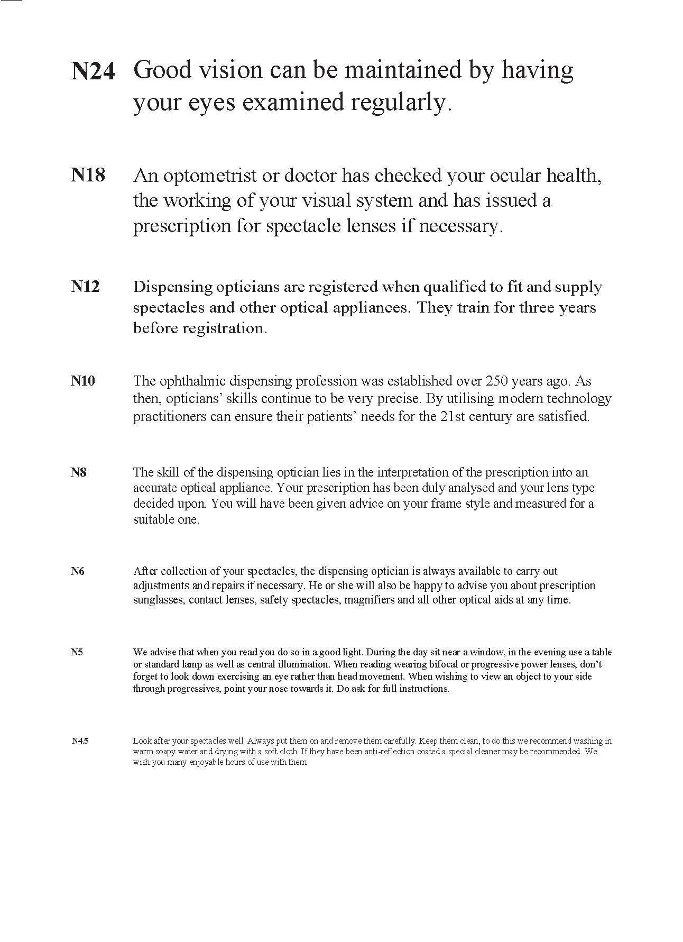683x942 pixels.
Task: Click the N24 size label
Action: [93, 71]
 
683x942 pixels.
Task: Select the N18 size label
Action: [88, 175]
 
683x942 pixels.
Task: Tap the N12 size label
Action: [85, 287]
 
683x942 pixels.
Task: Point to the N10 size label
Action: [83, 381]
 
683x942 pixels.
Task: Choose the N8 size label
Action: [78, 472]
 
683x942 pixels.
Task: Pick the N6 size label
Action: [77, 571]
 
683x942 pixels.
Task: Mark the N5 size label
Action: [77, 652]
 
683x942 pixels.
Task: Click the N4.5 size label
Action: [80, 741]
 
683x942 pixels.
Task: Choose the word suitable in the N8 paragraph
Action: [150, 519]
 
